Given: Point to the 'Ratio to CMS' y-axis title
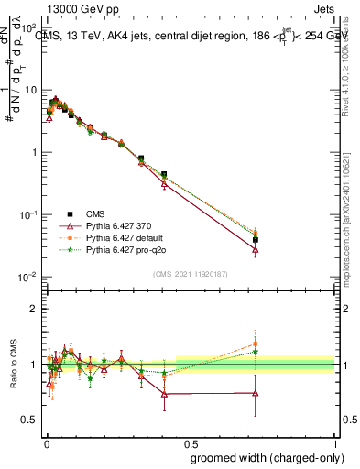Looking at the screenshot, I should (12, 365).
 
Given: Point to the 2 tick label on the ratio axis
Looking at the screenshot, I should (34, 310).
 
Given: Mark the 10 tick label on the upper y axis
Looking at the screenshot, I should (31, 90).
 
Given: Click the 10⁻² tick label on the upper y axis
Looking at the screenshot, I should (29, 277).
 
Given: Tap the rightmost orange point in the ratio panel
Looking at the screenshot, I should (256, 344).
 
